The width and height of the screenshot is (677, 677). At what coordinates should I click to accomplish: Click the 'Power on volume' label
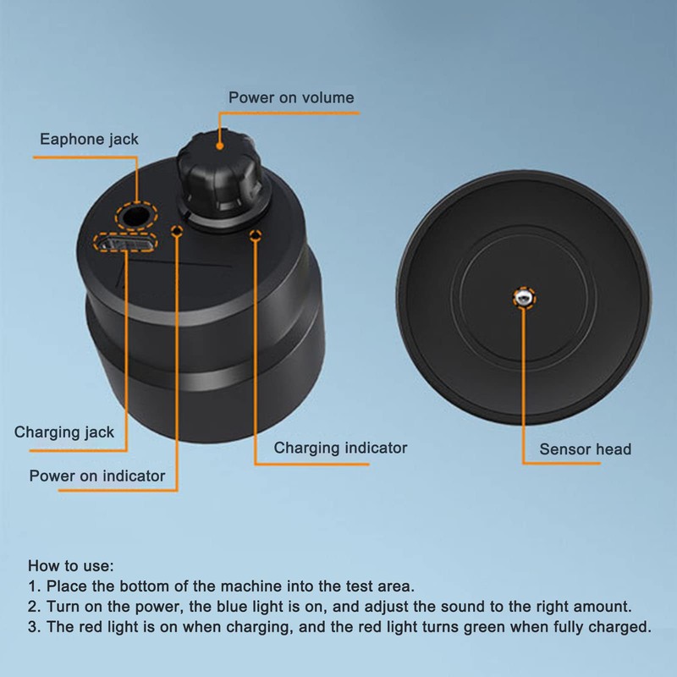291,97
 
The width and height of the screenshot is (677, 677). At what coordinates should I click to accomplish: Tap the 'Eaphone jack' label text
89,138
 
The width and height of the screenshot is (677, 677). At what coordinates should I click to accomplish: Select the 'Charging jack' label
64,432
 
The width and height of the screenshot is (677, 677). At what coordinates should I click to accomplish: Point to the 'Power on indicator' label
97,475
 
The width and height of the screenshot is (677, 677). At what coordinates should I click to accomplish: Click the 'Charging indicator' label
340,448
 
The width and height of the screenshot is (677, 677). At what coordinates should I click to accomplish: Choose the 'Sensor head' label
586,449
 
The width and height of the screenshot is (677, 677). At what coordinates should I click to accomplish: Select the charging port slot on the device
124,245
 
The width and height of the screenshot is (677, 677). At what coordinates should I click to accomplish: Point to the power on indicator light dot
177,229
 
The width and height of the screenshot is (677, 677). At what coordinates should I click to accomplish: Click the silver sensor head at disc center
525,297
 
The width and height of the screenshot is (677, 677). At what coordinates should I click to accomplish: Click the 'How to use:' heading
70,565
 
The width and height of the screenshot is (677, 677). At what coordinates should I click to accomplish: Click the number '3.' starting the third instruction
35,627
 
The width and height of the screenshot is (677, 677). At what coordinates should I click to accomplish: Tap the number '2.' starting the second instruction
35,607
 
